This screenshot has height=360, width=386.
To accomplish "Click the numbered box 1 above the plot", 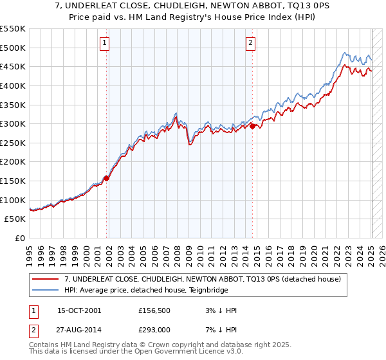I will coord(104,44).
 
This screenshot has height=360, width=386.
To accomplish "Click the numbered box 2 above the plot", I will coord(250,44).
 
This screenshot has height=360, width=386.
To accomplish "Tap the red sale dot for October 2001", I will coord(107,178).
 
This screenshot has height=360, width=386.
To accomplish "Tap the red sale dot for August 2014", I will coord(253,126).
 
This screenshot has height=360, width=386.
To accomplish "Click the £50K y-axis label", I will coord(15,219).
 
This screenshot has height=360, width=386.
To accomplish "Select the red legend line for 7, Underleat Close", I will coord(46,279).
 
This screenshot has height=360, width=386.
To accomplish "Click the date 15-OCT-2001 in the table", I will coord(79,310).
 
